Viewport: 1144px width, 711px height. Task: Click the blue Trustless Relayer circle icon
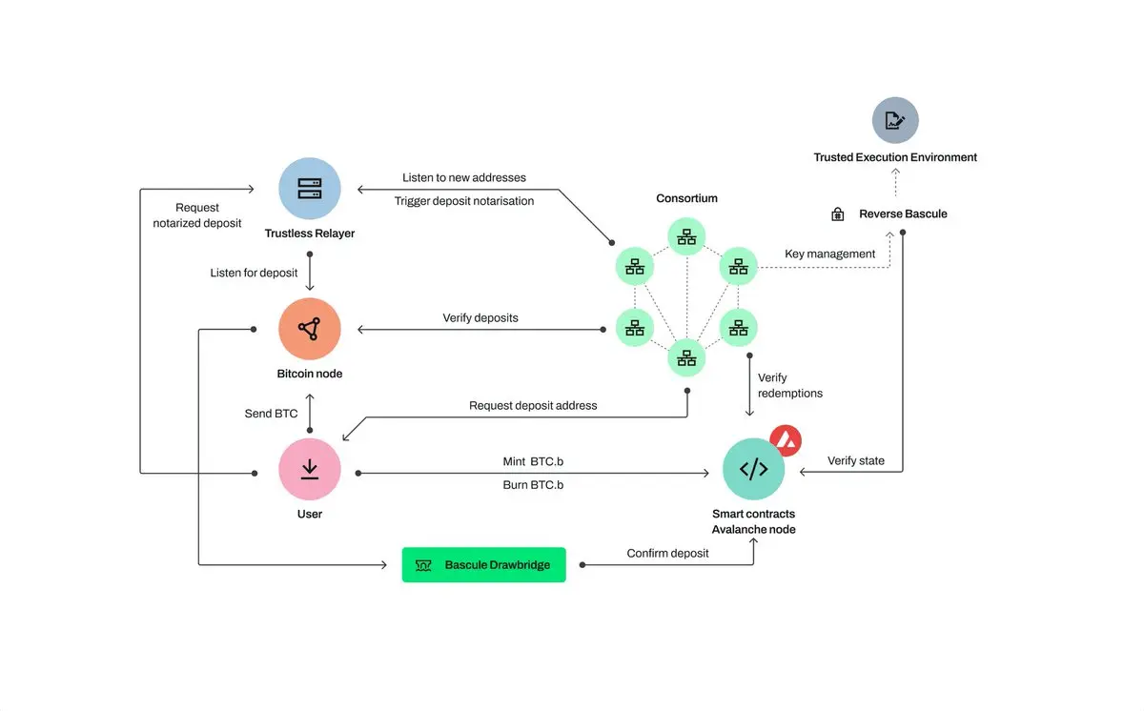(310, 189)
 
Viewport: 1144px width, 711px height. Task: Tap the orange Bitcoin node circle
(310, 330)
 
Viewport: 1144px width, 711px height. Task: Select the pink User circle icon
(310, 470)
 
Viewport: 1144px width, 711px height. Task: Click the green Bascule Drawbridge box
(483, 565)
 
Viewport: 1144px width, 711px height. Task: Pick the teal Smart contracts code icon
(753, 469)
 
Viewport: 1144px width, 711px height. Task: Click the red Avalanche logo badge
(786, 440)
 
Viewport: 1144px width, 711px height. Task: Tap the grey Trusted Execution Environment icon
(895, 121)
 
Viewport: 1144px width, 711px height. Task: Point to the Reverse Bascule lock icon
(838, 214)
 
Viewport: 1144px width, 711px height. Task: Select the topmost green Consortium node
(686, 237)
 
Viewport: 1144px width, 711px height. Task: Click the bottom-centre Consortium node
(686, 357)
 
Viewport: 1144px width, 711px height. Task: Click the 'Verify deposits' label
(480, 317)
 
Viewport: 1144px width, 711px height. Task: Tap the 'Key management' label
(829, 254)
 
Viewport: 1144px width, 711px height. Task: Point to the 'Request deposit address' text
(533, 405)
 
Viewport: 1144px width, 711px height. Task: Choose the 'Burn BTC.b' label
(533, 484)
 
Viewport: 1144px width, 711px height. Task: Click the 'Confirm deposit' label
(667, 553)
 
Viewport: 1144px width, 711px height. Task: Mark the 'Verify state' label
(855, 460)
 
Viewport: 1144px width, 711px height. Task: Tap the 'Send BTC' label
(271, 414)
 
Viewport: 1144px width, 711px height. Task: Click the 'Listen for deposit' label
(254, 273)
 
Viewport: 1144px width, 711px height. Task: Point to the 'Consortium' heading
(686, 198)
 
